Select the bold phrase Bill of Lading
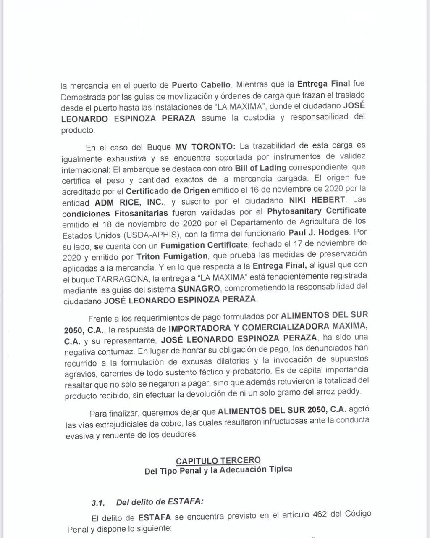coord(260,168)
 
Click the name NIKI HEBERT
coord(317,200)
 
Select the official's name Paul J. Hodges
coord(319,232)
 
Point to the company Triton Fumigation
coord(172,256)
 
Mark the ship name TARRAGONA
coord(119,278)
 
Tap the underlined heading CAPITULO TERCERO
coord(218,461)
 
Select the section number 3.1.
coord(98,503)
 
